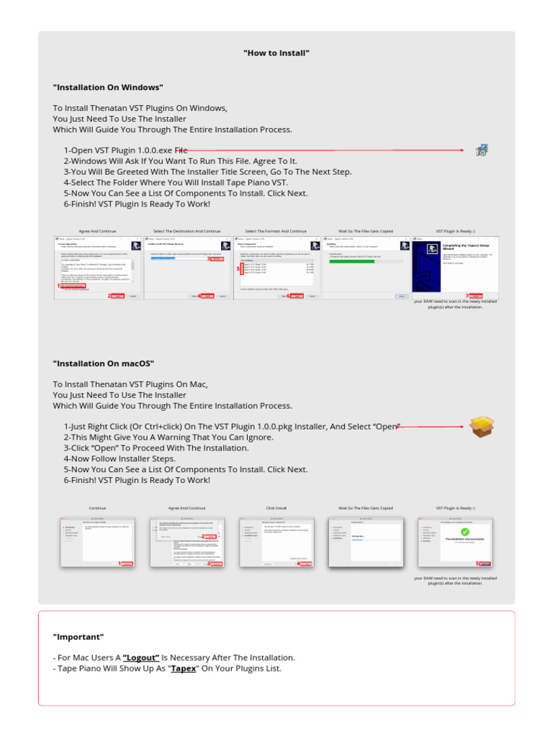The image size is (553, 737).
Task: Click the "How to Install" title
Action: tap(276, 53)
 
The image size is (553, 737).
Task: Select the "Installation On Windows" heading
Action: tap(108, 88)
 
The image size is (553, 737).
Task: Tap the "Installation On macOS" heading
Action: tap(103, 363)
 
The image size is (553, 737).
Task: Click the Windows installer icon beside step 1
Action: tap(482, 150)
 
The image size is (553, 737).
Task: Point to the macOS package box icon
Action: tap(481, 427)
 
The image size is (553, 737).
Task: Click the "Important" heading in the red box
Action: tap(78, 637)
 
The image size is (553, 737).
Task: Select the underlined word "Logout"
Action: tap(141, 658)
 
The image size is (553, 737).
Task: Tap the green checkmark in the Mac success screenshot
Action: tap(464, 532)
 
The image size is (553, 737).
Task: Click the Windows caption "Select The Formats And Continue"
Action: tap(276, 232)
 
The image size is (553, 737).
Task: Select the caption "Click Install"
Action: tap(276, 508)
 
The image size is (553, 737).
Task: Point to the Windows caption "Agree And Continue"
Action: tap(97, 232)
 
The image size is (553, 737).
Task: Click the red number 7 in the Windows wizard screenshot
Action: tap(467, 295)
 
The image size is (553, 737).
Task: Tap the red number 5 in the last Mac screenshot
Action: tap(477, 564)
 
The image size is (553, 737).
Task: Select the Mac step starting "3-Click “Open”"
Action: tap(156, 448)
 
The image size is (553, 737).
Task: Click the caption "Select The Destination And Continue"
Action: tap(187, 232)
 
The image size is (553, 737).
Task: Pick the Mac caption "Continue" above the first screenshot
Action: tap(97, 508)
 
